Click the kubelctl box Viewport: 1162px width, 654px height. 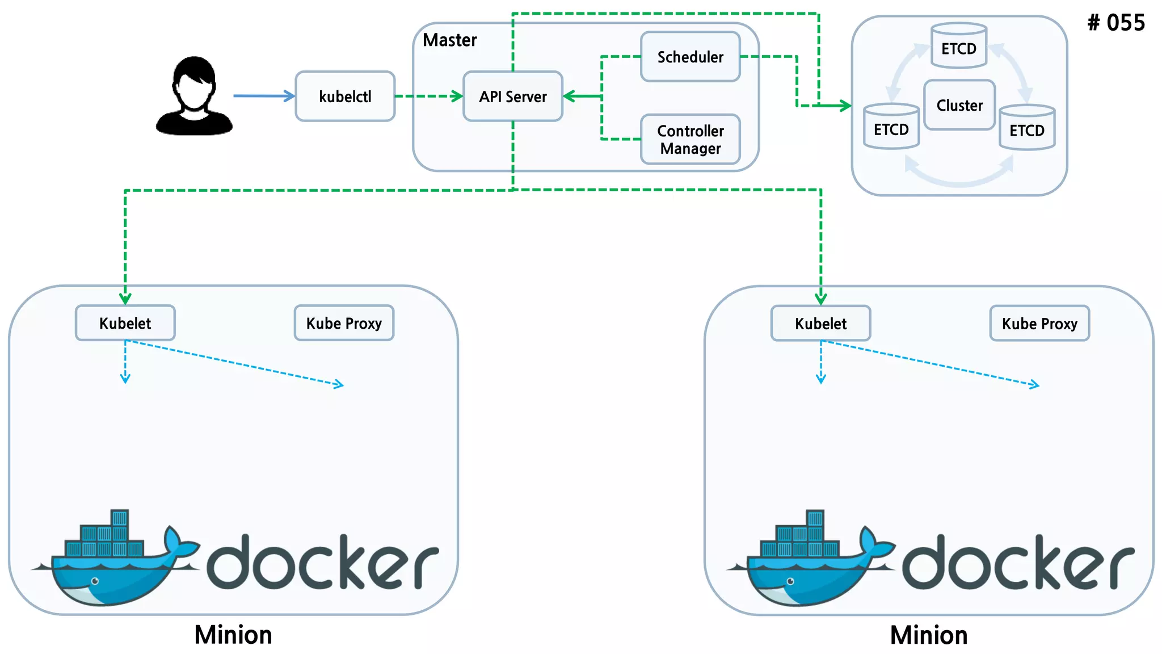pyautogui.click(x=345, y=97)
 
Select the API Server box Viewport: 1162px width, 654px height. pyautogui.click(x=513, y=97)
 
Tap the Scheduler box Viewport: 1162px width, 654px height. pyautogui.click(x=690, y=57)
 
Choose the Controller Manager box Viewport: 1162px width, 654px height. pyautogui.click(x=690, y=140)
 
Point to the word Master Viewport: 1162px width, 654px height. pyautogui.click(x=450, y=40)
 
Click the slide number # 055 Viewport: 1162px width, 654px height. pyautogui.click(x=1116, y=23)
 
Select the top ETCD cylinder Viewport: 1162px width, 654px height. pyautogui.click(x=959, y=46)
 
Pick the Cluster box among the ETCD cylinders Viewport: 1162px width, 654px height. pyautogui.click(x=959, y=105)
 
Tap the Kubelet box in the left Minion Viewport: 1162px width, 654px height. pyautogui.click(x=125, y=323)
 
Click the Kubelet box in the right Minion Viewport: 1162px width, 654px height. pyautogui.click(x=820, y=324)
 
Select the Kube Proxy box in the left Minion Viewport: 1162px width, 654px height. pyautogui.click(x=344, y=323)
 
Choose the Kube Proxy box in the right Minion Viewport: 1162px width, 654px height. pyautogui.click(x=1039, y=324)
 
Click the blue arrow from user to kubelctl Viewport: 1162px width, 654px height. pyautogui.click(x=264, y=96)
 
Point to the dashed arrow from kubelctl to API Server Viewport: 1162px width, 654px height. pyautogui.click(x=429, y=96)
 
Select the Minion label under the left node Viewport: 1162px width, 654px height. pyautogui.click(x=233, y=635)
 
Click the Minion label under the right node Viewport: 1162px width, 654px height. pyautogui.click(x=929, y=635)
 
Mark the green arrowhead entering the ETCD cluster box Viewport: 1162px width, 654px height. pyautogui.click(x=845, y=106)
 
